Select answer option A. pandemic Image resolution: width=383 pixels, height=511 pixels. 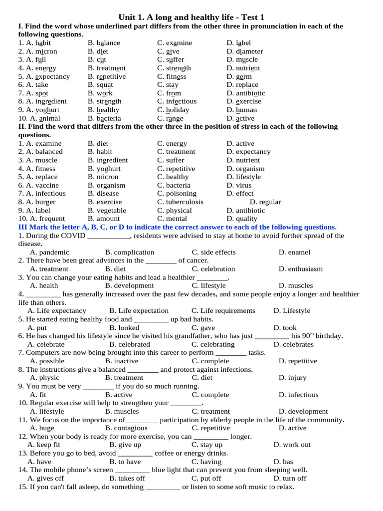49,252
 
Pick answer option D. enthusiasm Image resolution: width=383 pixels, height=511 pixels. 301,269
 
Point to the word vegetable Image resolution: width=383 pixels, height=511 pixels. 111,211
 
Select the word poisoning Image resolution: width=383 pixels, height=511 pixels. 181,194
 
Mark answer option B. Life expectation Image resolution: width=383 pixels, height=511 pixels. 139,311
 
